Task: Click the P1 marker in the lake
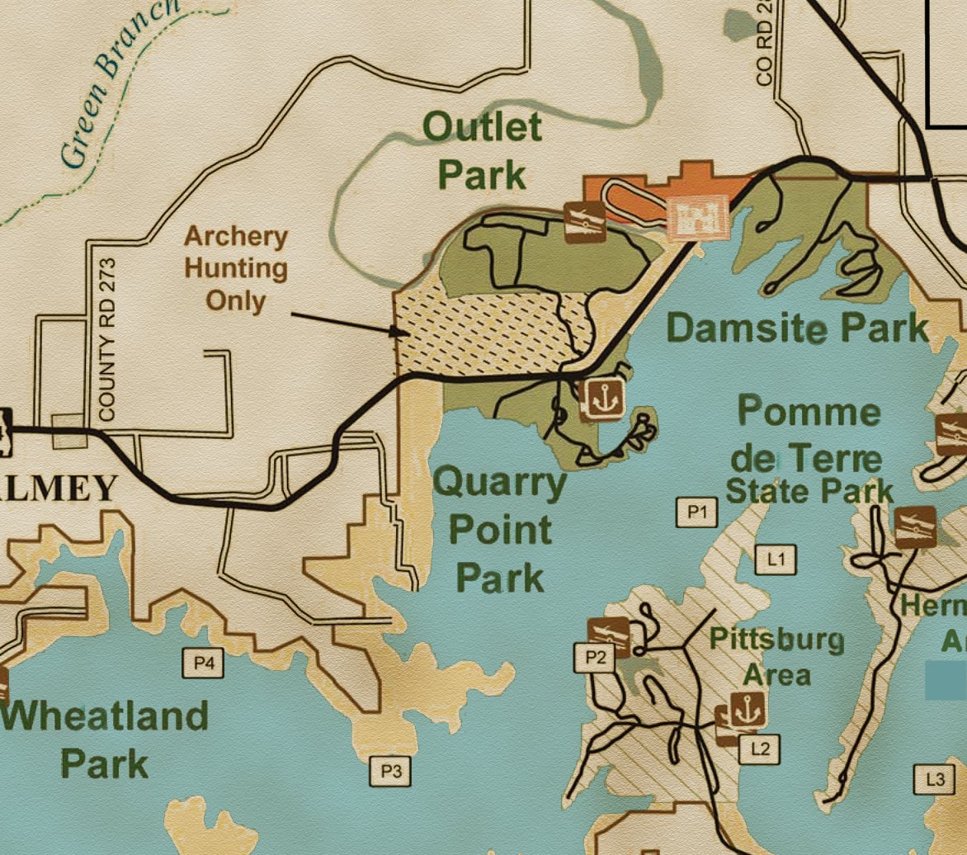pos(697,513)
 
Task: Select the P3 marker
pos(390,772)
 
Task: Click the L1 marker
pos(776,560)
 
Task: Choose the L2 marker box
pos(759,749)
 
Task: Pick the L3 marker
pos(935,778)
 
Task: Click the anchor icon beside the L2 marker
pos(747,709)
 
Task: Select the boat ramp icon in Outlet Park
pos(585,221)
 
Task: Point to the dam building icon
pos(698,218)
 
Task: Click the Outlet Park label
pos(483,150)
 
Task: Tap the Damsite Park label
pos(796,328)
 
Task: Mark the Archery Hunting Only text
pos(235,268)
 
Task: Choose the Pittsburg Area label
pos(776,656)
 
